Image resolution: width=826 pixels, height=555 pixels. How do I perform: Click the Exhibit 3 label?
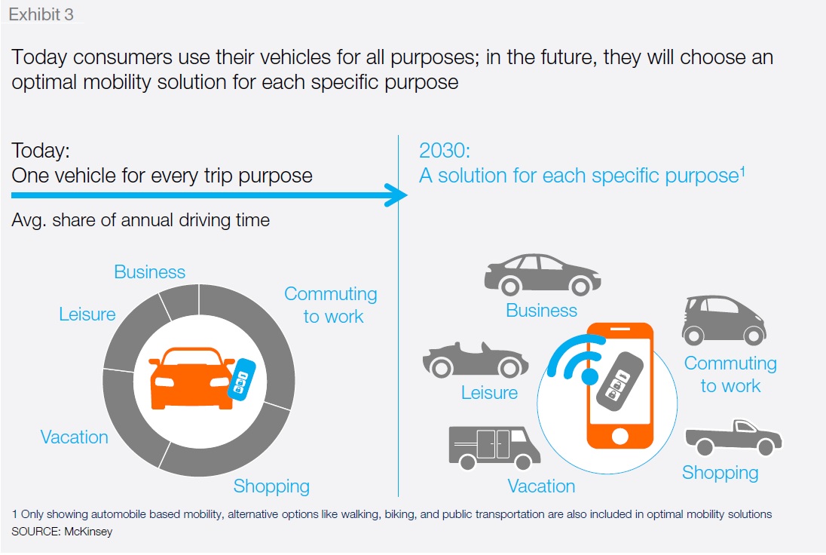point(41,14)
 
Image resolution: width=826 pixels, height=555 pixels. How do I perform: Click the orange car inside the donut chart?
point(191,378)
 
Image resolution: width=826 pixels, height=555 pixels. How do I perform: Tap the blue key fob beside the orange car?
point(242,379)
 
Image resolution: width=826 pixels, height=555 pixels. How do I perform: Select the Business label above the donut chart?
point(150,272)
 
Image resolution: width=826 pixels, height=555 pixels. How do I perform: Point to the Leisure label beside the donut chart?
point(87,314)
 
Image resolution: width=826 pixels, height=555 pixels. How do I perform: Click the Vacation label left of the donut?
point(75,437)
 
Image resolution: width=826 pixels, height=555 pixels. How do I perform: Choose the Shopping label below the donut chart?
point(271,486)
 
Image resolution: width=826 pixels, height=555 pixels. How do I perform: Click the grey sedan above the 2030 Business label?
point(543,274)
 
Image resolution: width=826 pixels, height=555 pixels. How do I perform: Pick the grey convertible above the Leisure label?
point(475,360)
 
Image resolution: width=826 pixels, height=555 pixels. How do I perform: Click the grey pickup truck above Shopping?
point(733,437)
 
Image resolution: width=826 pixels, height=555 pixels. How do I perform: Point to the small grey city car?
point(724,320)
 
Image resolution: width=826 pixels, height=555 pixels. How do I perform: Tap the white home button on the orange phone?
point(620,436)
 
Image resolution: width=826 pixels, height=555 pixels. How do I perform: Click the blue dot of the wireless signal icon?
point(589,376)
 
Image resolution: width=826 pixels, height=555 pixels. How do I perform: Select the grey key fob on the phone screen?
point(620,379)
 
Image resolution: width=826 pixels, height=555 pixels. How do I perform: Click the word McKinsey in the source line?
point(88,532)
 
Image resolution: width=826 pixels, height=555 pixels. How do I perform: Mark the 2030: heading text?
point(445,151)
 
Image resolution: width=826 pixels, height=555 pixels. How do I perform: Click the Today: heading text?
point(41,151)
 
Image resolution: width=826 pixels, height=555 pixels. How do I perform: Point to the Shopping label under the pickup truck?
point(720,473)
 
